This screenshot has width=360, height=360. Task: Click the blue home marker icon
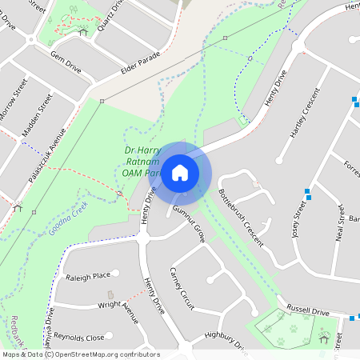tap(180, 172)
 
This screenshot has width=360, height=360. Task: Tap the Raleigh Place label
tap(89, 276)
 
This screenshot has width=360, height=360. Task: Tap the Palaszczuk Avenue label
tap(46, 151)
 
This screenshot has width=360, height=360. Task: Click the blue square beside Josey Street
tap(307, 192)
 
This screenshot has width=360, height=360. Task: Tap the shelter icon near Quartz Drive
tap(82, 32)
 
